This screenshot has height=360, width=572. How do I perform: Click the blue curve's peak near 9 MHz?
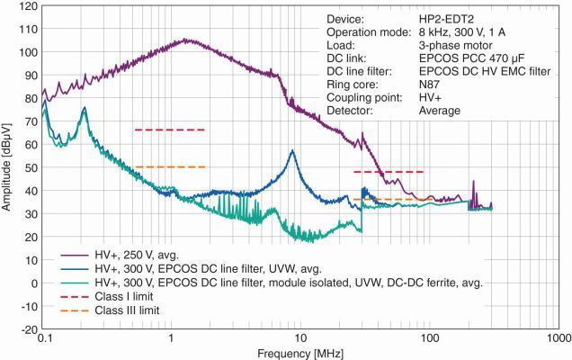(x=292, y=152)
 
